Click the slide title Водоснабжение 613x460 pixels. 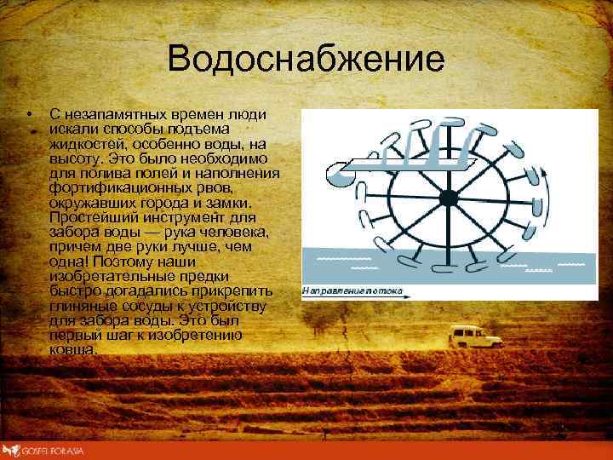click(x=306, y=60)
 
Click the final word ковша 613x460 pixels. click(x=73, y=349)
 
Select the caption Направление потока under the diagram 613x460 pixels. click(x=356, y=291)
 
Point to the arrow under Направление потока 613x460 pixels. click(x=358, y=299)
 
